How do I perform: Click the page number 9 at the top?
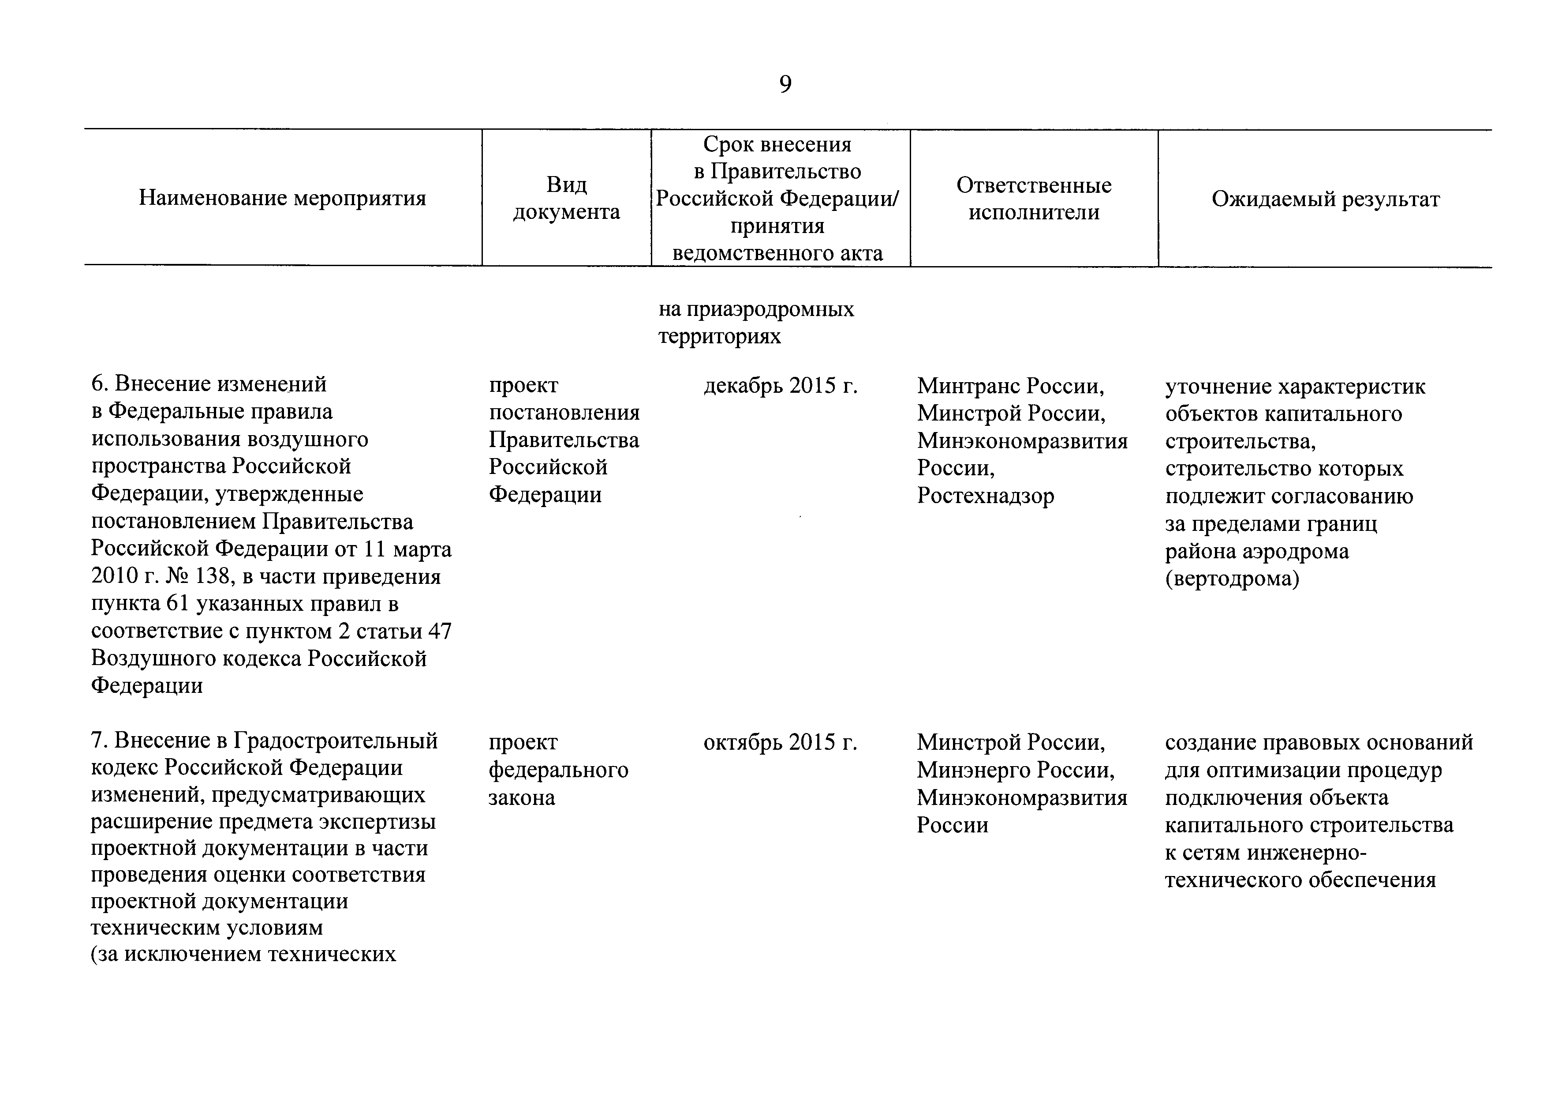pyautogui.click(x=785, y=84)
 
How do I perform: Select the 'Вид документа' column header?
pyautogui.click(x=566, y=198)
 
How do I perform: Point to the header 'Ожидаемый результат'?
pyautogui.click(x=1325, y=199)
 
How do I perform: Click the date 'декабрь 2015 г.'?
pyautogui.click(x=780, y=386)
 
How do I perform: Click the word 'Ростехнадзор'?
pyautogui.click(x=985, y=496)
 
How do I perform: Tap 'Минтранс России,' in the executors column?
pyautogui.click(x=1011, y=386)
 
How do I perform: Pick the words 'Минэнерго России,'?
pyautogui.click(x=1016, y=770)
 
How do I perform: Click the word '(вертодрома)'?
pyautogui.click(x=1232, y=579)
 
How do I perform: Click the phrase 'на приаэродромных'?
pyautogui.click(x=756, y=309)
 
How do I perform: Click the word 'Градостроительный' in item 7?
pyautogui.click(x=336, y=741)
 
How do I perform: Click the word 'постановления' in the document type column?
pyautogui.click(x=564, y=413)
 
